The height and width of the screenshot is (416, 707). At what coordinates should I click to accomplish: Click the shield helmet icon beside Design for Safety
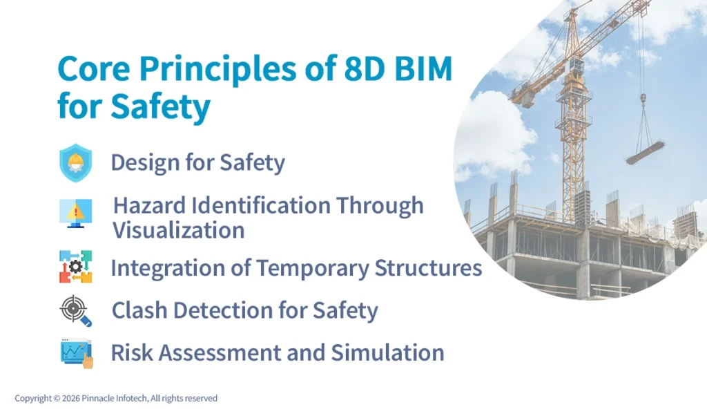75,163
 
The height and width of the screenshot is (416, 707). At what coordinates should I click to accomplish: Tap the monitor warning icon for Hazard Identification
75,213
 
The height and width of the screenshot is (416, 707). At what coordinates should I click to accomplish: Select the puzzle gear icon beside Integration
75,267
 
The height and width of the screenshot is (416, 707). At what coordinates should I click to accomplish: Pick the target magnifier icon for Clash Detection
75,311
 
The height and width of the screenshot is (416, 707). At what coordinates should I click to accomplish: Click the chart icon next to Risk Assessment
75,352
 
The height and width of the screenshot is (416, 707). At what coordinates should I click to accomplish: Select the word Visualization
178,230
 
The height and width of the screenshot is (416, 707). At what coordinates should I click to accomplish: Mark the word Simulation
387,352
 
